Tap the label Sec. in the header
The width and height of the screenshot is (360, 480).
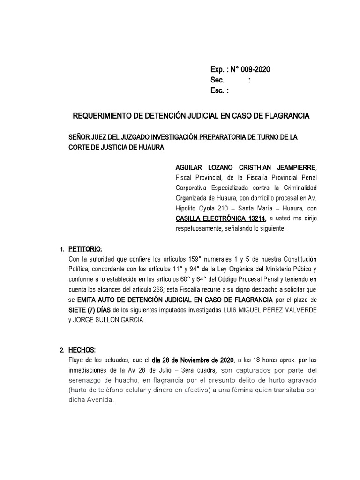click(x=218, y=80)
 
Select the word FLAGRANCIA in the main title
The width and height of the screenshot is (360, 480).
click(x=286, y=115)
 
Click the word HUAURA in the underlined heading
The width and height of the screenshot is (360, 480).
click(x=150, y=147)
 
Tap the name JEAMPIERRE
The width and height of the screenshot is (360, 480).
click(x=295, y=168)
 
